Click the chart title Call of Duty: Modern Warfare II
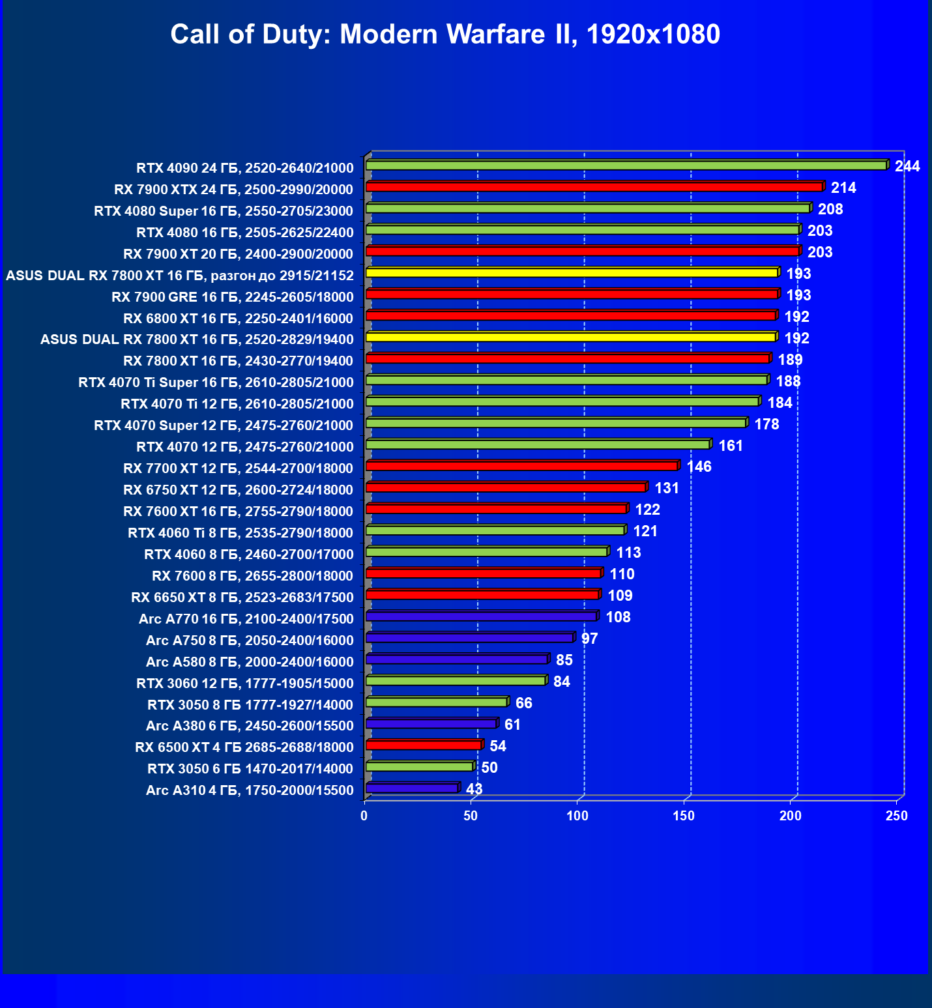tap(445, 34)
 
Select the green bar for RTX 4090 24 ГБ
tap(626, 166)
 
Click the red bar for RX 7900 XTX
tap(594, 187)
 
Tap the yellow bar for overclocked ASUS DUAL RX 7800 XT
tap(572, 273)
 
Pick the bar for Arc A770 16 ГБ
tap(481, 616)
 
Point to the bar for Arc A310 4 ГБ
tap(412, 788)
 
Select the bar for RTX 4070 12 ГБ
tap(538, 444)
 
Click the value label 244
tap(907, 166)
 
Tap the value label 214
tap(843, 188)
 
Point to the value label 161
tap(731, 446)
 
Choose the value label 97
tap(589, 639)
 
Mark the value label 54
tap(497, 746)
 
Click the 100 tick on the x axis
tap(577, 815)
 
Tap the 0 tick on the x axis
tap(364, 815)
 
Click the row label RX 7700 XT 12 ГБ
tap(238, 468)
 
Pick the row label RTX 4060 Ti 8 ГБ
tap(240, 532)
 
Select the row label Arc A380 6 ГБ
tap(250, 725)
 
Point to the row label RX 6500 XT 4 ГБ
tap(244, 747)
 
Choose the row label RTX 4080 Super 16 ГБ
tap(224, 210)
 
